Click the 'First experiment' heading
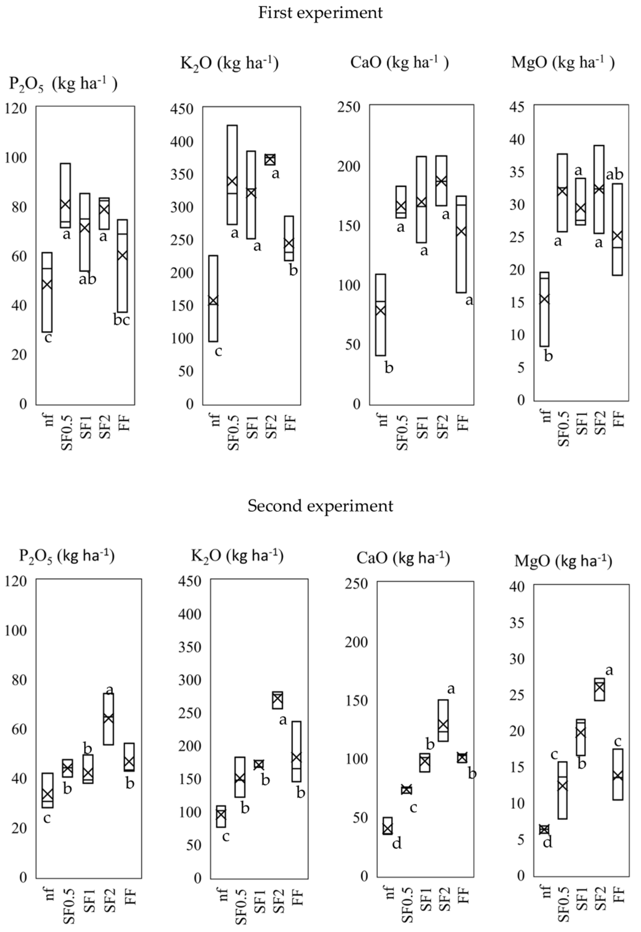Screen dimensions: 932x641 tap(320, 13)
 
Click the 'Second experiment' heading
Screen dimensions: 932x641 tap(320, 505)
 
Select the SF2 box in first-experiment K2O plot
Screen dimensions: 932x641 tap(270, 160)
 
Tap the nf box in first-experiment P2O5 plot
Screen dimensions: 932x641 tap(47, 292)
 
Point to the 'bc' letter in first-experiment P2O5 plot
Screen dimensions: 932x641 tap(122, 320)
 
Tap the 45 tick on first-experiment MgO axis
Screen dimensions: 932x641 tap(518, 108)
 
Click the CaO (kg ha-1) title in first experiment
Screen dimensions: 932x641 tap(399, 63)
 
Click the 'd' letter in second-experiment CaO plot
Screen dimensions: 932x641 tap(397, 844)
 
